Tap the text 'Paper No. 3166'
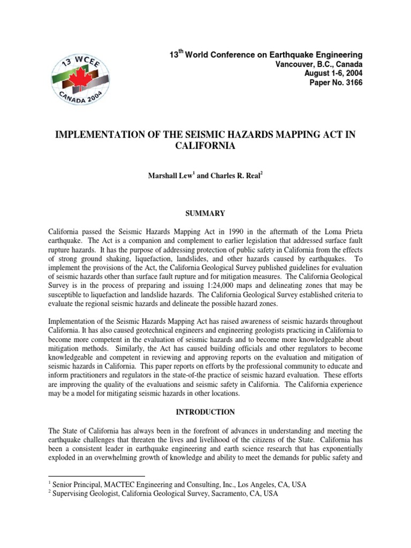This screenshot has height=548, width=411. pyautogui.click(x=336, y=82)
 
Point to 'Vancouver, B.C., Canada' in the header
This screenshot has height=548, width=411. pyautogui.click(x=319, y=64)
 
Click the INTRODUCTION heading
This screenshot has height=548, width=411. pyautogui.click(x=205, y=412)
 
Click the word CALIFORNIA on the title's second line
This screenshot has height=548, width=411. pyautogui.click(x=205, y=145)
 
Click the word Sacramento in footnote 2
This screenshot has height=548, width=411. pyautogui.click(x=219, y=494)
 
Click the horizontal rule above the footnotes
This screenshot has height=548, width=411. pyautogui.click(x=96, y=475)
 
